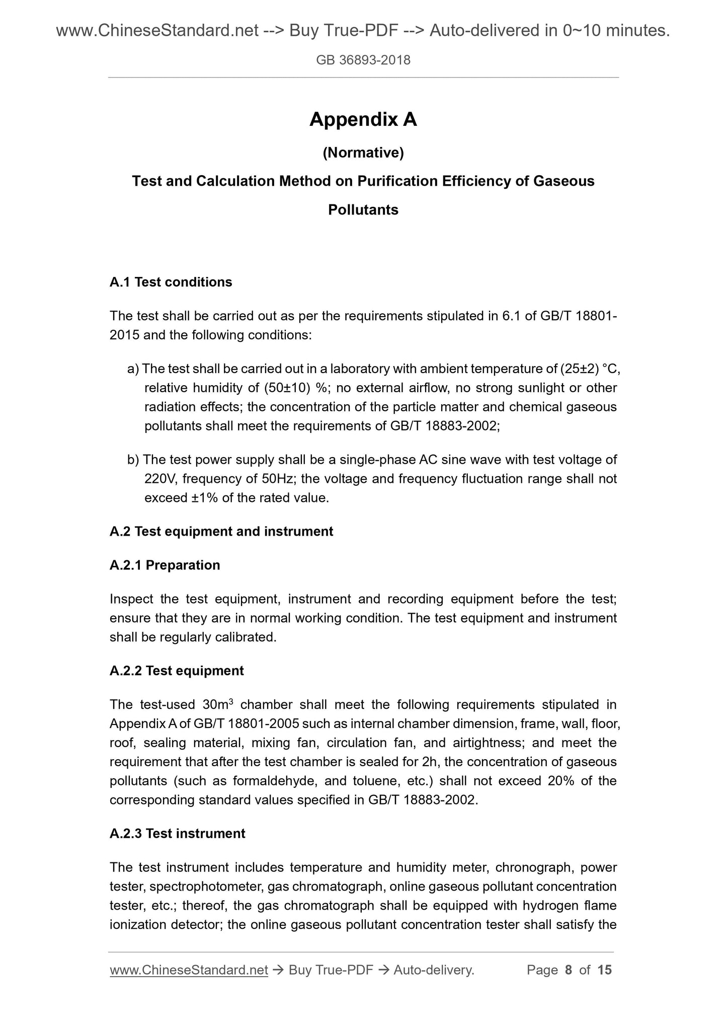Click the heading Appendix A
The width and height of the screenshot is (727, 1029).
tap(363, 120)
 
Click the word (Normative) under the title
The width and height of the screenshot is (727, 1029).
tap(363, 153)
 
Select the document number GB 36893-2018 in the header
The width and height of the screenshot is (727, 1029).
tap(363, 60)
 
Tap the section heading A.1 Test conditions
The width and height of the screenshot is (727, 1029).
tap(171, 282)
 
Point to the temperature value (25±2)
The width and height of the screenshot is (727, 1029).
tap(579, 369)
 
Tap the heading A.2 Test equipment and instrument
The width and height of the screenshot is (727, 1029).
tap(221, 531)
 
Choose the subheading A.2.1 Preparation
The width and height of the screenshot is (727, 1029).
tap(165, 565)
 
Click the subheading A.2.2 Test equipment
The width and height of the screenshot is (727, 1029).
tap(176, 671)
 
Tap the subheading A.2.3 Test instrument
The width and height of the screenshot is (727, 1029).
tap(177, 834)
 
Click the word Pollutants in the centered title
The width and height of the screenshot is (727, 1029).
tap(363, 210)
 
